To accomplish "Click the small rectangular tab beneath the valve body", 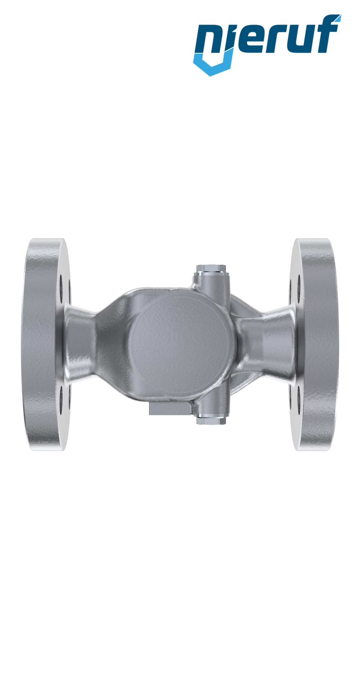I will click(169, 409).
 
